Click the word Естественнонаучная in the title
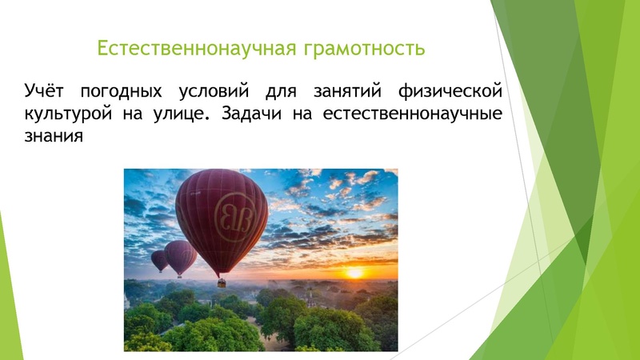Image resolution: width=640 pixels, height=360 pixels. [x=197, y=48]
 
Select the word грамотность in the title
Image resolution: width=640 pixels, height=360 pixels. [x=364, y=48]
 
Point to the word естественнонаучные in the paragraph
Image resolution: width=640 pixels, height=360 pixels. [x=413, y=112]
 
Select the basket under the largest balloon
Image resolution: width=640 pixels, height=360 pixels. [x=222, y=282]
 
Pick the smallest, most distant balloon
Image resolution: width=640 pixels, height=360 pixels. [x=159, y=259]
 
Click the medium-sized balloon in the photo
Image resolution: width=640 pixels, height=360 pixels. [x=180, y=256]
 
